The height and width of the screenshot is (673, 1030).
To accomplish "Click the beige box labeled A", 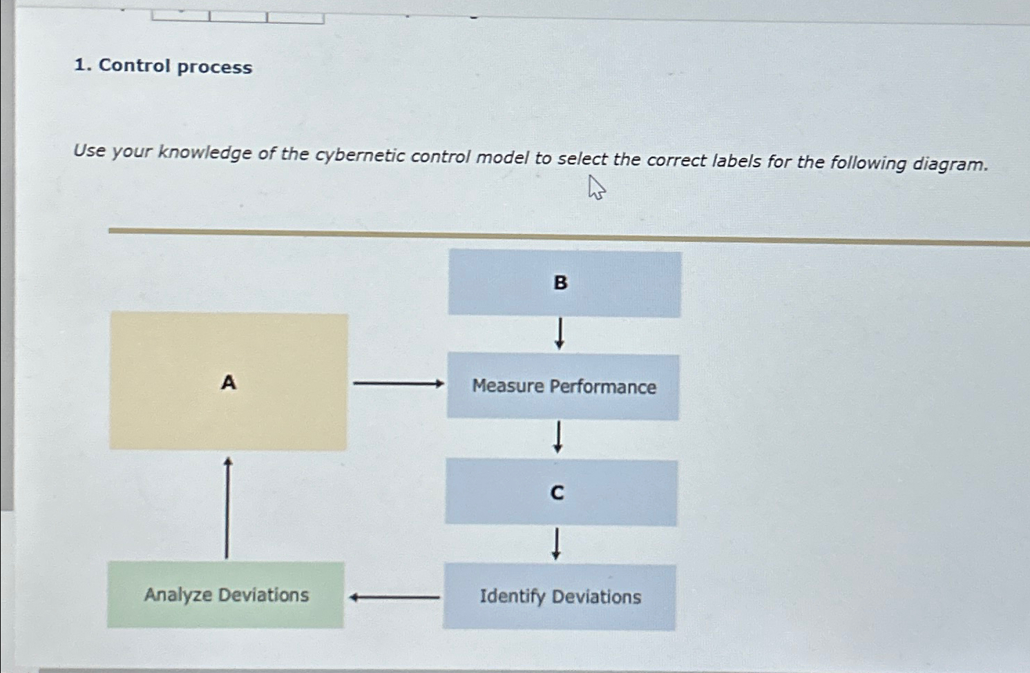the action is coord(229,381).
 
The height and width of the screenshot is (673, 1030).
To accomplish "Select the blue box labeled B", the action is coord(564,283).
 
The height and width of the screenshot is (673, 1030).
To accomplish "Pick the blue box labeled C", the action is coord(561,492).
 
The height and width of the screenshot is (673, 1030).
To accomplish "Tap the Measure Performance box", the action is coord(563,387).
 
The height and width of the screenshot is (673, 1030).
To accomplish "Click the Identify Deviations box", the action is coord(560,596).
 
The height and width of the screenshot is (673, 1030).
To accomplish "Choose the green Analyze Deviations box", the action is coord(226,594).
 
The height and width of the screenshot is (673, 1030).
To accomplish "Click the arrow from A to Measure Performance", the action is coord(398,383).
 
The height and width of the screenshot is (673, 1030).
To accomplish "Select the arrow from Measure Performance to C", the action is coord(557,438).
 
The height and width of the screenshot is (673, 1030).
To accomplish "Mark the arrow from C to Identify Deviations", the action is coord(556,544).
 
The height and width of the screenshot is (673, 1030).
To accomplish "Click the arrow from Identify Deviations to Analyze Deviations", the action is coord(394,597).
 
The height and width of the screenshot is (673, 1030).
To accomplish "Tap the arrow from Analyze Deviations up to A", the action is coord(227,507).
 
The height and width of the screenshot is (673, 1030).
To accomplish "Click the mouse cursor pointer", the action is coord(596,188).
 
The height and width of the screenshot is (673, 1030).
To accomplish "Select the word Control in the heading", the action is coord(135,66).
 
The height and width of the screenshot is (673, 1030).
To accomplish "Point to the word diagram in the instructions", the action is coord(950,164).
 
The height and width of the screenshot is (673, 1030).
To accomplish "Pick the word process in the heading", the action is coord(215,68).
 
